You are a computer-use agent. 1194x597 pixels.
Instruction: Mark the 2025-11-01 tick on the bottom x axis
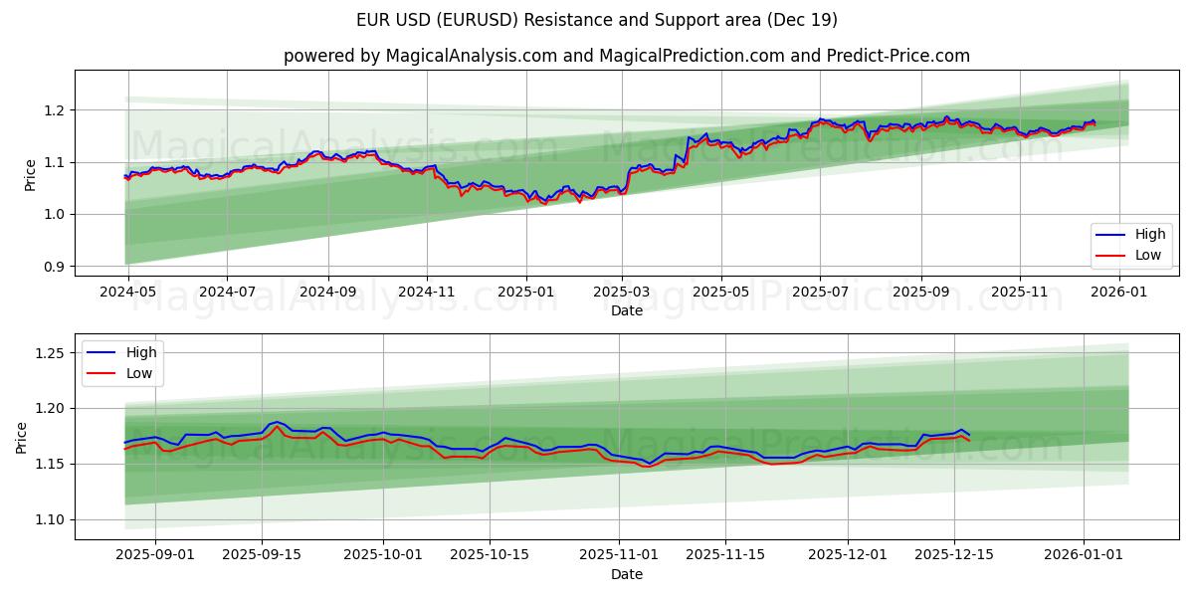[x=633, y=554]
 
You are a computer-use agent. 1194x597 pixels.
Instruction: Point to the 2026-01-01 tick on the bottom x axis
[x=1084, y=554]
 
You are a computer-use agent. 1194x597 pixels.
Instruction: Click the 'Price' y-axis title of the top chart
[x=30, y=174]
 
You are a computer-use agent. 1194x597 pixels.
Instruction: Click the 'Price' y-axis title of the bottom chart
[x=22, y=437]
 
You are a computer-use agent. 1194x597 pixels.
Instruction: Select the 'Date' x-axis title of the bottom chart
[x=626, y=574]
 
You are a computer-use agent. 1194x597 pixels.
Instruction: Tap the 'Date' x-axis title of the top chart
[x=626, y=311]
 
